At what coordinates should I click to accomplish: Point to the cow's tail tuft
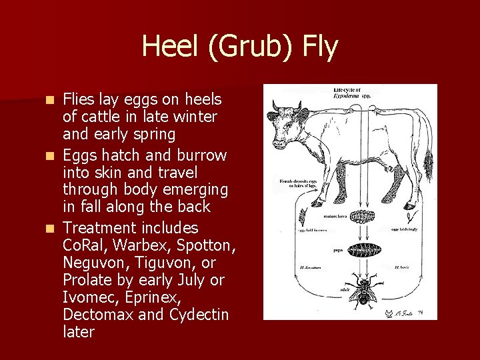pyautogui.click(x=429, y=160)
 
